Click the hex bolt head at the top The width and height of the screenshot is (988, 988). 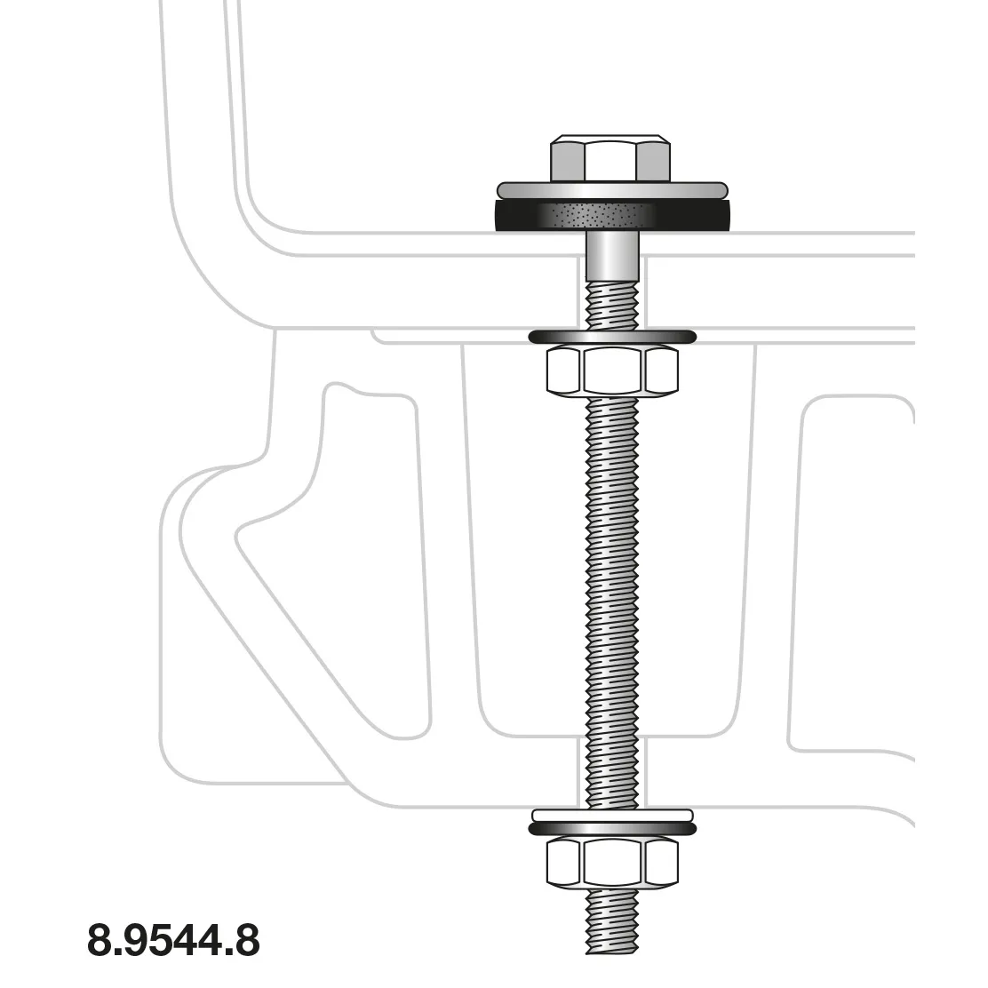pos(610,160)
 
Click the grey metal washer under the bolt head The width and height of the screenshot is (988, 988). pos(611,190)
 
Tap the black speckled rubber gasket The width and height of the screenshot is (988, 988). pos(611,216)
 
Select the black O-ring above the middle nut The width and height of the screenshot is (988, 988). pos(612,336)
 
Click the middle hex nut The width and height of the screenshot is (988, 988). pos(612,370)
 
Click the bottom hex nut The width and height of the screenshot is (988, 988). pos(612,862)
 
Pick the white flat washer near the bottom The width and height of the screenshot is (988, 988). pos(612,815)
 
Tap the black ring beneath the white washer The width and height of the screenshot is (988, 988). pos(612,828)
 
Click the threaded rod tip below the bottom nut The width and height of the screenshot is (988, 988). pos(612,924)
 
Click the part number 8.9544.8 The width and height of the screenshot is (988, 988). pos(173,940)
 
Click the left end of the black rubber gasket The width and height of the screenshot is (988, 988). pos(503,216)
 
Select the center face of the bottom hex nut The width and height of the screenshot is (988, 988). pos(612,862)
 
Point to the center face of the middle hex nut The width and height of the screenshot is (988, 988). pos(612,370)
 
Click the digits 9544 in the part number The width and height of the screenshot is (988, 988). pos(173,940)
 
